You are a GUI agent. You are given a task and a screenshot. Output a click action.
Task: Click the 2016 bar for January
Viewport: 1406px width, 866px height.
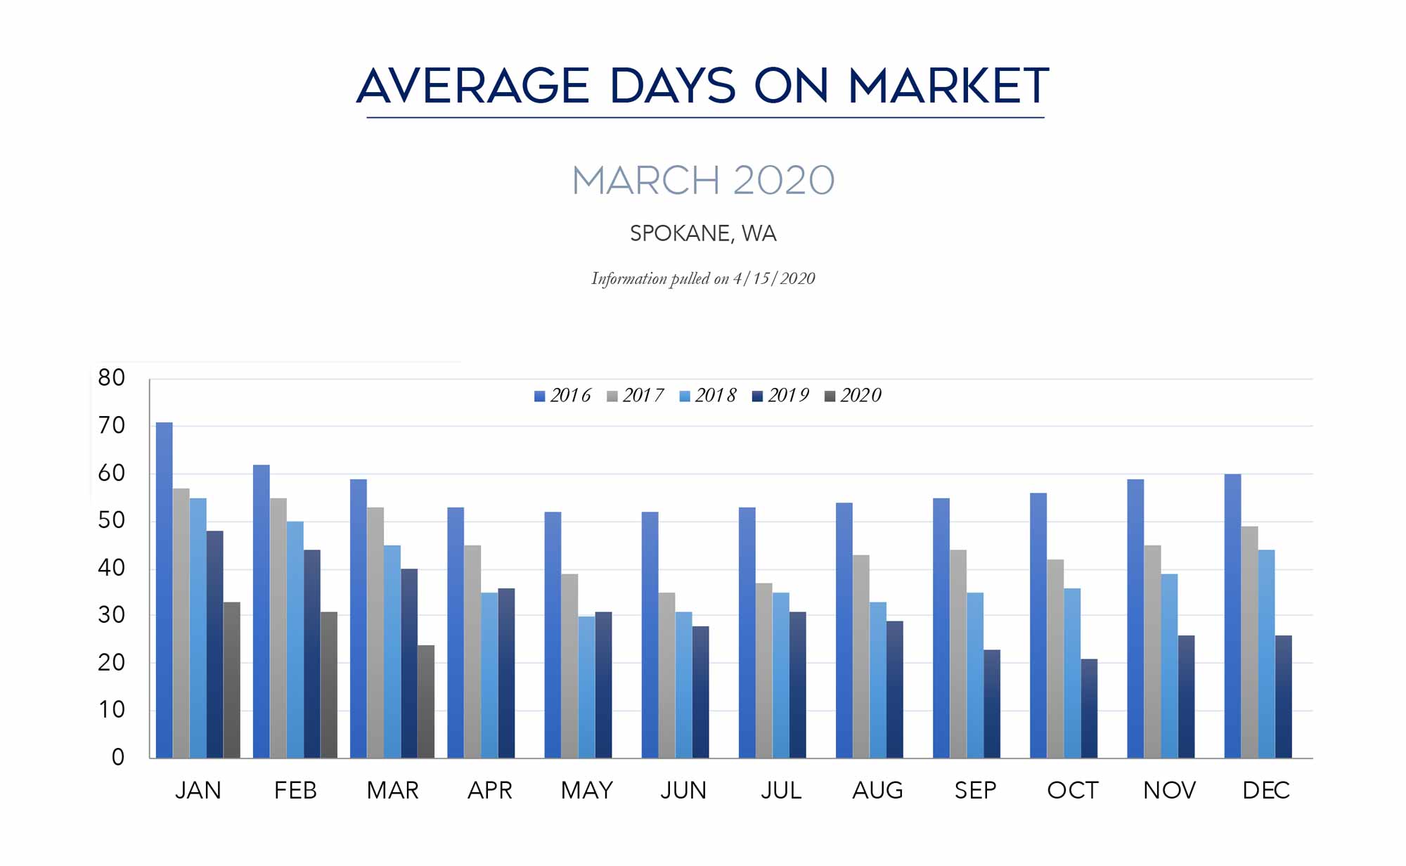(x=164, y=590)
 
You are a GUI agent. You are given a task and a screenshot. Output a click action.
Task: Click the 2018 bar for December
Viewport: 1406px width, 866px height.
(x=1266, y=654)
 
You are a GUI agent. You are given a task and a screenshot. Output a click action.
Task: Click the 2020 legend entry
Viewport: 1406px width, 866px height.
(x=853, y=396)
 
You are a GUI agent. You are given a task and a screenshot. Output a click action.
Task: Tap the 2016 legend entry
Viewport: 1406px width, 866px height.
(x=562, y=396)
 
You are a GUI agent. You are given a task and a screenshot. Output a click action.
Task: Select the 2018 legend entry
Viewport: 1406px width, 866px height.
(x=707, y=396)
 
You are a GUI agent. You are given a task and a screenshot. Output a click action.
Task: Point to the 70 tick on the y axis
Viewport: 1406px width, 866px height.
(x=112, y=426)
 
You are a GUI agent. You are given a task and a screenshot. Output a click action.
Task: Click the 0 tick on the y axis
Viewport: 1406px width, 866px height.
(x=118, y=758)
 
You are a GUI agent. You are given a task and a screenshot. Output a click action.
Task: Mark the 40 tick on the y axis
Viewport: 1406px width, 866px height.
(x=112, y=568)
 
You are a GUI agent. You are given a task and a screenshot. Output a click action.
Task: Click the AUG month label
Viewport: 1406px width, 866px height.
(x=877, y=791)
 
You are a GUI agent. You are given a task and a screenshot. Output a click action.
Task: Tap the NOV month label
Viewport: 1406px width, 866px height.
(x=1169, y=791)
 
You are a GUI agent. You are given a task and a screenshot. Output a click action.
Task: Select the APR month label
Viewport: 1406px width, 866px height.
(x=490, y=791)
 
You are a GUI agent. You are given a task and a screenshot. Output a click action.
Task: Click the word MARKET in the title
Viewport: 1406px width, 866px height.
(x=948, y=86)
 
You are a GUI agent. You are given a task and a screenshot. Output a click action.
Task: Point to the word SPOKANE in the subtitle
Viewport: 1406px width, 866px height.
(x=680, y=233)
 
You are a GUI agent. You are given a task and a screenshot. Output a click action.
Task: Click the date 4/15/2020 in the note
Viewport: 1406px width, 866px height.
(x=774, y=279)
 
